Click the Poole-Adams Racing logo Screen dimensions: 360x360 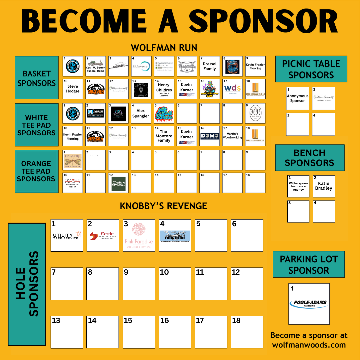[x=309, y=304]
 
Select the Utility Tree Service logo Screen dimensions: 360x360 [x=67, y=236]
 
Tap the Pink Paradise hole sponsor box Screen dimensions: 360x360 [x=139, y=236]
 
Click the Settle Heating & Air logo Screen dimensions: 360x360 [x=103, y=236]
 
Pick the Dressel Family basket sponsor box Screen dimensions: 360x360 [x=210, y=66]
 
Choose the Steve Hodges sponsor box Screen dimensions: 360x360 [x=73, y=89]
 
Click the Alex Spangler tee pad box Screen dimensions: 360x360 [x=141, y=113]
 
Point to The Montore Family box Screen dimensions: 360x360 [x=164, y=136]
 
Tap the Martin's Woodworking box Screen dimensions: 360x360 [x=232, y=136]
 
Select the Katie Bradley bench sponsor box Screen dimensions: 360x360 [x=324, y=186]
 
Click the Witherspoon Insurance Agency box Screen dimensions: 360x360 [x=298, y=186]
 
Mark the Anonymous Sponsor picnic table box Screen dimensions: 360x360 [x=297, y=99]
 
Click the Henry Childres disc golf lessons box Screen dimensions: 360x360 [x=164, y=89]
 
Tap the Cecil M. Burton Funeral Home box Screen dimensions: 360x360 [x=95, y=66]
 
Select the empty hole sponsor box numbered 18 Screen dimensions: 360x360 [x=247, y=332]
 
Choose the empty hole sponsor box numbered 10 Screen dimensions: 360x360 [x=175, y=284]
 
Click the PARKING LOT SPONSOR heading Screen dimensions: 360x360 [x=309, y=265]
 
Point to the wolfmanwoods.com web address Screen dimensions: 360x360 [x=309, y=345]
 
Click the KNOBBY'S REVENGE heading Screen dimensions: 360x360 [x=163, y=206]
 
